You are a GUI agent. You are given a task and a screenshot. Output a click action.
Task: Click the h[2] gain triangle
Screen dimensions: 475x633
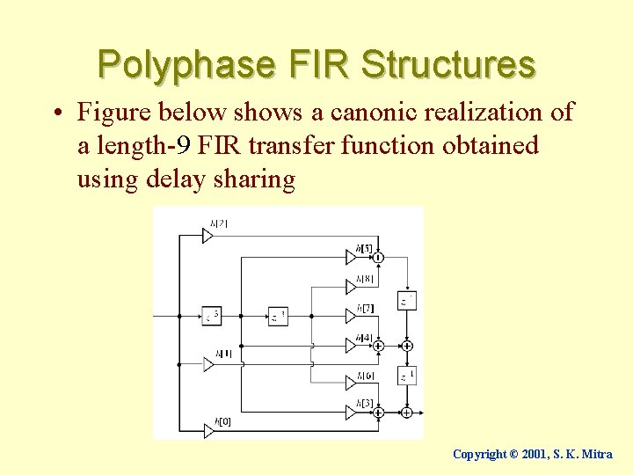208,236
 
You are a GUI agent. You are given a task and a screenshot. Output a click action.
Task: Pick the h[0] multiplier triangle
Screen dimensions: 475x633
208,430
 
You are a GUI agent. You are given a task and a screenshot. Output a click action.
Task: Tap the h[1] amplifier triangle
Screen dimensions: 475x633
208,363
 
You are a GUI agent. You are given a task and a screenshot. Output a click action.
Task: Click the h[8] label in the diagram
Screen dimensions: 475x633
365,278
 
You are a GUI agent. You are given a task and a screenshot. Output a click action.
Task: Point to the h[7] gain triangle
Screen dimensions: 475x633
352,316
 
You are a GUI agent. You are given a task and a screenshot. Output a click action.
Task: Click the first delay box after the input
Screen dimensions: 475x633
212,315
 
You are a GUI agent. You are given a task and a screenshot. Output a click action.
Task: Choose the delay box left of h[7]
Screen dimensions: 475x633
278,315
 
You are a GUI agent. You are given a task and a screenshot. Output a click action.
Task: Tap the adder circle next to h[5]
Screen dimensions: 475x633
378,257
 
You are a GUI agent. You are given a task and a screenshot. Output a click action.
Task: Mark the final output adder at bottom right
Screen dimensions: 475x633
406,412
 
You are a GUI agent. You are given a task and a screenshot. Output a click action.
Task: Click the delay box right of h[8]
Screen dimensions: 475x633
406,301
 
